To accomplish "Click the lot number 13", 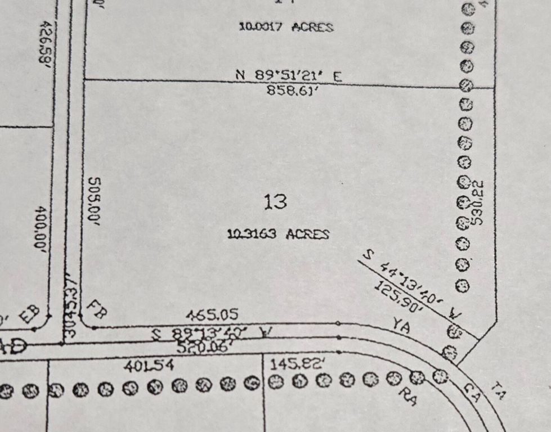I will [x=276, y=201].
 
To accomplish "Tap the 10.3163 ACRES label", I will [x=278, y=234].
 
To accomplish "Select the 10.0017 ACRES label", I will [x=286, y=26].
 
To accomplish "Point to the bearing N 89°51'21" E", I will [x=288, y=75].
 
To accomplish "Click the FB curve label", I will [x=97, y=309].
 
